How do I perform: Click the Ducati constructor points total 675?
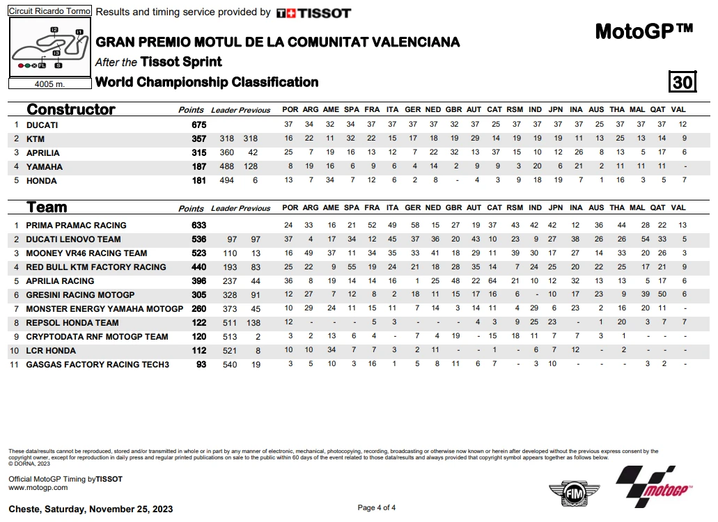pos(199,125)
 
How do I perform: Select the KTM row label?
pos(36,139)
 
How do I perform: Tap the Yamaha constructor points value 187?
pos(199,166)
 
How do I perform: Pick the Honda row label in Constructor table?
pos(41,180)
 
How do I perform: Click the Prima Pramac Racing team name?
pos(76,225)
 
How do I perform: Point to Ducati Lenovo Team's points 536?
pos(199,239)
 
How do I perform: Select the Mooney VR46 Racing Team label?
pos(86,253)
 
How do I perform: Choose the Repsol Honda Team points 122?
pos(199,322)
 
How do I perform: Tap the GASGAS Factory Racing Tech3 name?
pos(97,364)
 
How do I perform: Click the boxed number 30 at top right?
pos(682,82)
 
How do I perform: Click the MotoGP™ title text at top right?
pos(644,31)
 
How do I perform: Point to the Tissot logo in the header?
pos(313,13)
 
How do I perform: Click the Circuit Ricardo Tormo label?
pos(49,12)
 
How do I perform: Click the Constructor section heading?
pos(70,109)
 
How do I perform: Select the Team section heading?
pos(47,207)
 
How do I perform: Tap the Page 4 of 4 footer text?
pos(377,507)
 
